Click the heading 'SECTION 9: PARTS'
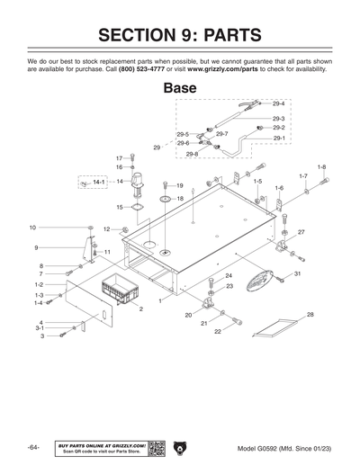tap(180, 35)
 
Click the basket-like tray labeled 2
tap(120, 292)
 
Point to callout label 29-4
tap(278, 104)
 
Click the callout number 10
tap(32, 228)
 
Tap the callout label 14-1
tap(99, 182)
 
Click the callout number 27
tap(301, 232)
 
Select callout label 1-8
tap(321, 167)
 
